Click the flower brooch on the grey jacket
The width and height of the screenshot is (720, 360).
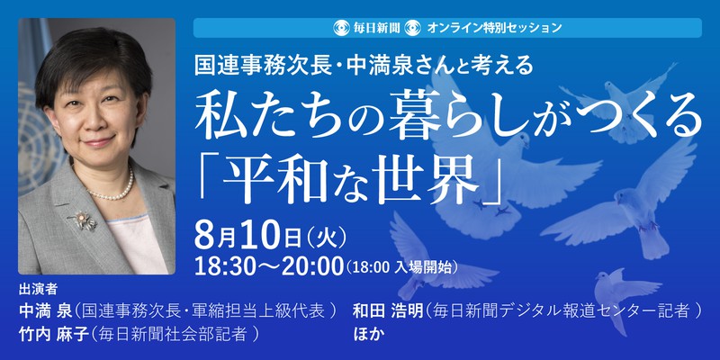point(84,220)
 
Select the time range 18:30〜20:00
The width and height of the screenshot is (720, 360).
point(269,266)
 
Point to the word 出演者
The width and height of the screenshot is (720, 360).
point(38,290)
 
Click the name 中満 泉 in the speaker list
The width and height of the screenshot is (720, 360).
point(46,311)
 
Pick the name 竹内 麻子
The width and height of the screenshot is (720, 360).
point(52,334)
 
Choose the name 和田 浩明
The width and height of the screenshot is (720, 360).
point(387,311)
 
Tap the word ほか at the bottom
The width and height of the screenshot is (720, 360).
point(367,334)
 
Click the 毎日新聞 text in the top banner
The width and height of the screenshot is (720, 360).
point(376,28)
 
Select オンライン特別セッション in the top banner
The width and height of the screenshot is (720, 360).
point(494,28)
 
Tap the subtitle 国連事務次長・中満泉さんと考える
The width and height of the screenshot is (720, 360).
point(364,67)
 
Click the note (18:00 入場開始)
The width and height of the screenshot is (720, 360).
point(402,267)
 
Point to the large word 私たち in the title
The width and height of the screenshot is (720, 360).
point(246,119)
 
